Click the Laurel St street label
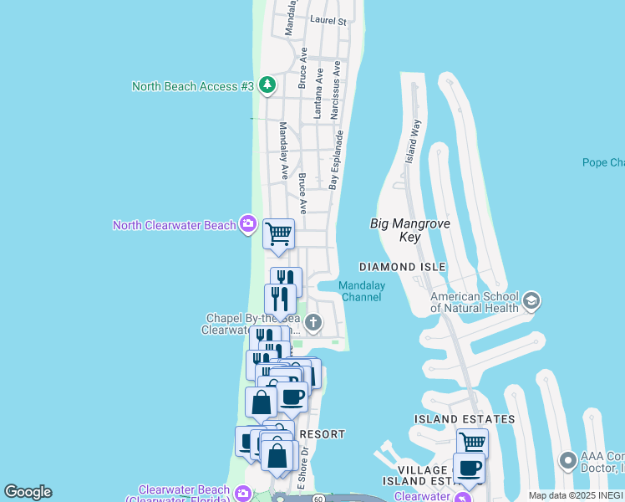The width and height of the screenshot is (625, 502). point(327,20)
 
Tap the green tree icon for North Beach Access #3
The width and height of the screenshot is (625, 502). point(267,85)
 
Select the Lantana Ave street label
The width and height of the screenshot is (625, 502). point(319,91)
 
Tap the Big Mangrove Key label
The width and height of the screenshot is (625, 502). point(410,230)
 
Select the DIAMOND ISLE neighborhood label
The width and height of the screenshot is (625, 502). point(402,267)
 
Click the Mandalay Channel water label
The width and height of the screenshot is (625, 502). point(361,291)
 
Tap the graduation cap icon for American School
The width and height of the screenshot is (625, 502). point(531,300)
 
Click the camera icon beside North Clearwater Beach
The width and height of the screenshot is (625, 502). point(247,224)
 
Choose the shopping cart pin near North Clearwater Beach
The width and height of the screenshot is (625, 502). point(278,233)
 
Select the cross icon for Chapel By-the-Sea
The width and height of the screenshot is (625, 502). point(313,322)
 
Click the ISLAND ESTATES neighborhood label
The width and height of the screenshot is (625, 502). point(465,418)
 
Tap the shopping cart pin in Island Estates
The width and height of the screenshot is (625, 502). point(472,442)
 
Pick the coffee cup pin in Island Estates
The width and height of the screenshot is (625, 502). point(469,467)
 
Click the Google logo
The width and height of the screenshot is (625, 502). point(28,492)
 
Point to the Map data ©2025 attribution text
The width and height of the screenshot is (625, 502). point(576,495)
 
